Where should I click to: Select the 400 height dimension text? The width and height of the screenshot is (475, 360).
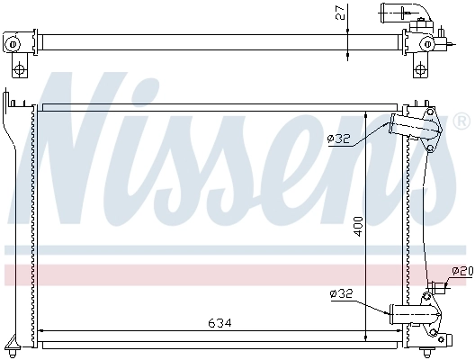tap(359, 225)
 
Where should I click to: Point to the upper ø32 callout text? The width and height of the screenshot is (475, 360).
tap(338, 138)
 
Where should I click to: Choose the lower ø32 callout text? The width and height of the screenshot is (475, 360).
tap(341, 293)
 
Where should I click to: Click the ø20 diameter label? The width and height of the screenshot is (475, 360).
tap(462, 271)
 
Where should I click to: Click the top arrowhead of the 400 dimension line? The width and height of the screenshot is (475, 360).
tap(366, 115)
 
